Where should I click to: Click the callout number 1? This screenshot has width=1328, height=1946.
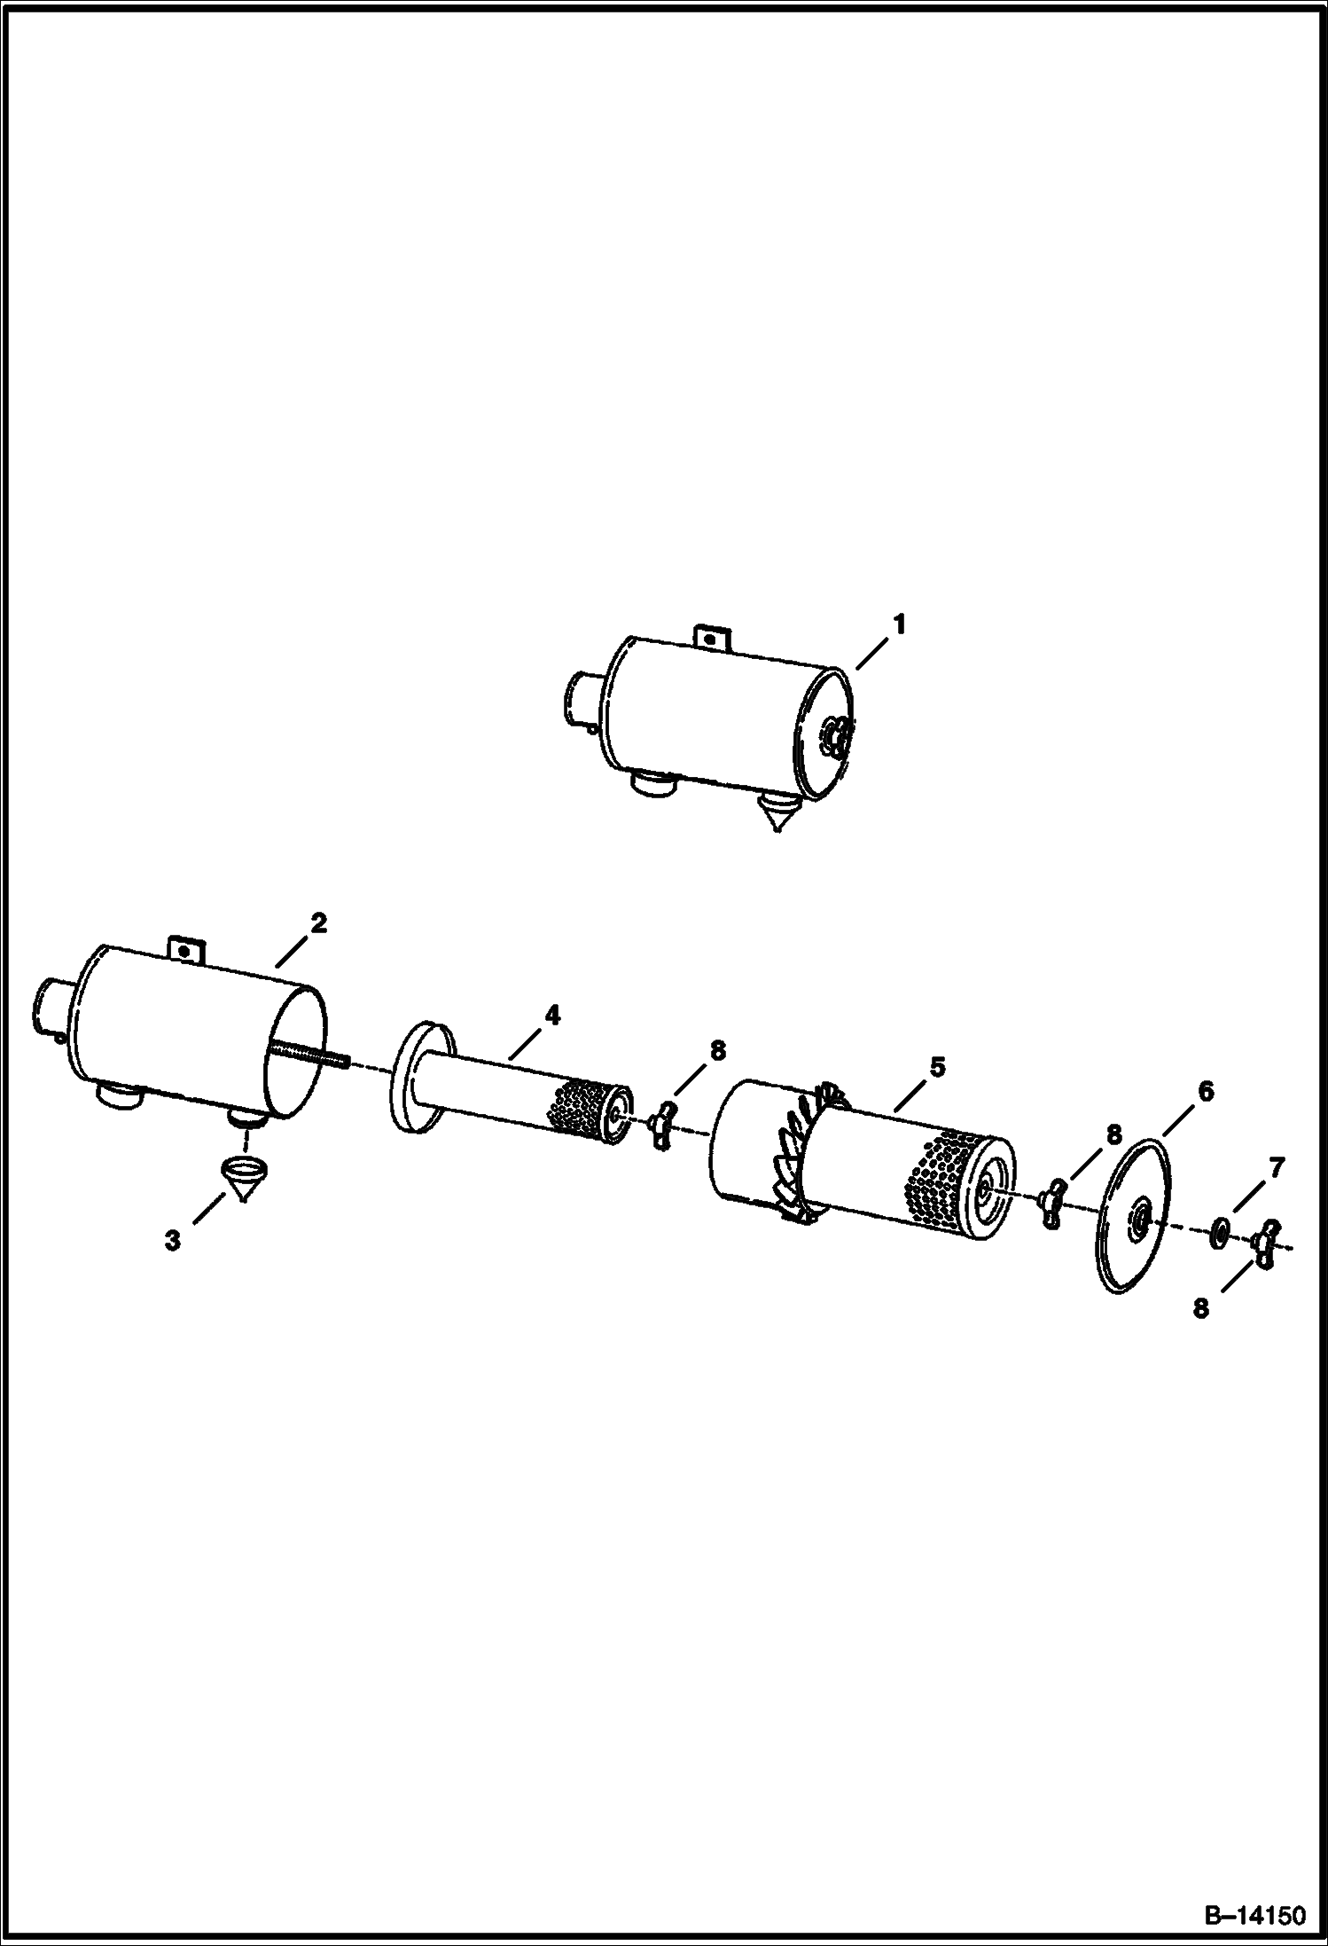click(899, 624)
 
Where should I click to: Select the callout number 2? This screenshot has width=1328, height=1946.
click(318, 923)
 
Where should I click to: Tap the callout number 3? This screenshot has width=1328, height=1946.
click(172, 1240)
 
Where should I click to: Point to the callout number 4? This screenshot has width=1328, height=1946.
click(551, 1016)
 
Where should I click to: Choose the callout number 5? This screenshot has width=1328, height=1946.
click(938, 1066)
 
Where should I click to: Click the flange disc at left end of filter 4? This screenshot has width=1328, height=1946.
click(422, 1076)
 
